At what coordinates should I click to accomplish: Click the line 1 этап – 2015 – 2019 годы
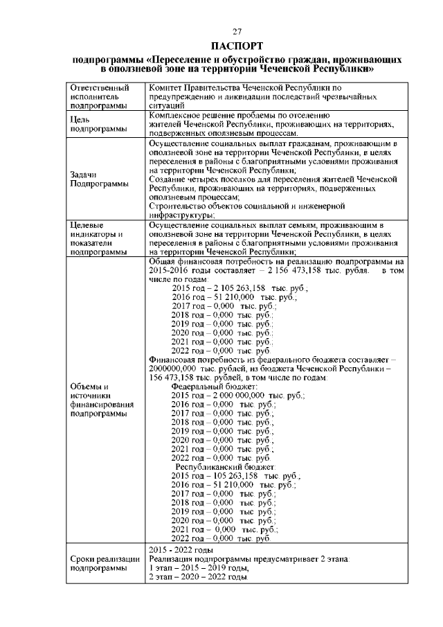tap(199, 567)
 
